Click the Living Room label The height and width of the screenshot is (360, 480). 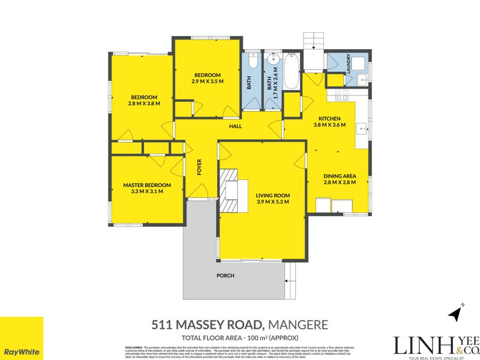tap(272, 195)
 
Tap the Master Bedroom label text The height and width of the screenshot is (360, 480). tap(147, 185)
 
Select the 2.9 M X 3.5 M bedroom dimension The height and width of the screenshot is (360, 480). tap(208, 81)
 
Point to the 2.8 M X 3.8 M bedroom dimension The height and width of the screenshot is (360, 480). tap(145, 103)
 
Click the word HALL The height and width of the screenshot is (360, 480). tap(235, 127)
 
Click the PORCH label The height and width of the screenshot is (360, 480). tap(226, 276)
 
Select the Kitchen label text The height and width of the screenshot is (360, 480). tap(329, 118)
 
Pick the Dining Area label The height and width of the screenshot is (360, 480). tap(340, 176)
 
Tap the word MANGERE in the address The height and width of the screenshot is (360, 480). tap(298, 325)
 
